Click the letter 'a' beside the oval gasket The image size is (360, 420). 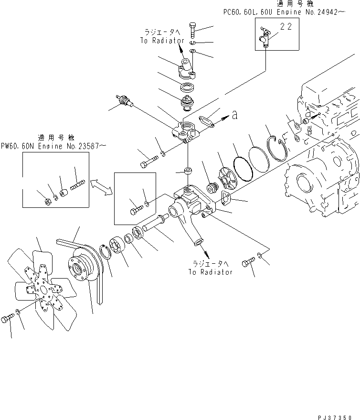(x=234, y=114)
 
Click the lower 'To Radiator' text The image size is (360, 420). (x=210, y=271)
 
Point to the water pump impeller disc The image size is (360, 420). (x=223, y=176)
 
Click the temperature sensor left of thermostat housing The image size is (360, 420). (x=125, y=101)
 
